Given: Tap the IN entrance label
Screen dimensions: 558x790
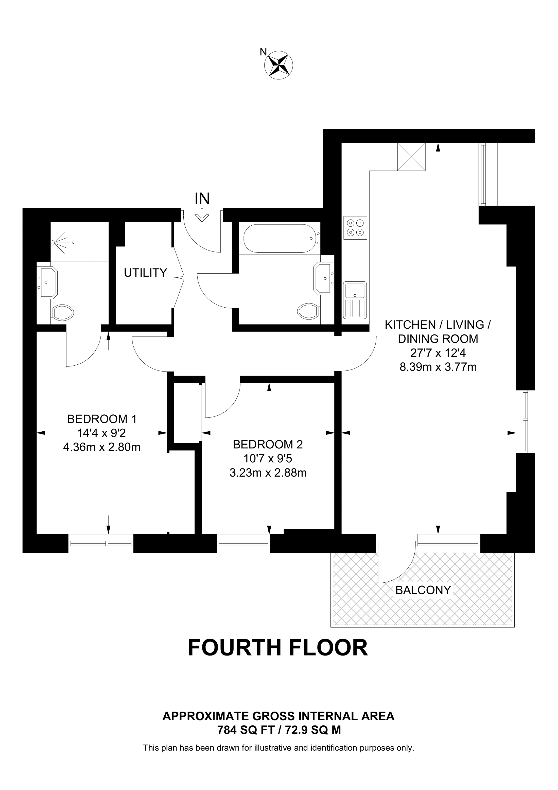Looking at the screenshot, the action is pos(202,198).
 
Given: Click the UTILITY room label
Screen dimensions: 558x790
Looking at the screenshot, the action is pos(145,273).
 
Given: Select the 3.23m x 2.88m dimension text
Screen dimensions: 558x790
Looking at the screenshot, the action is pos(268,473).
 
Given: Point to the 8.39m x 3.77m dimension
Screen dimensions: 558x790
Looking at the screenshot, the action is pos(438,367).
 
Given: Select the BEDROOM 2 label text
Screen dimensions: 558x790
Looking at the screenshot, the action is pos(268,445).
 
